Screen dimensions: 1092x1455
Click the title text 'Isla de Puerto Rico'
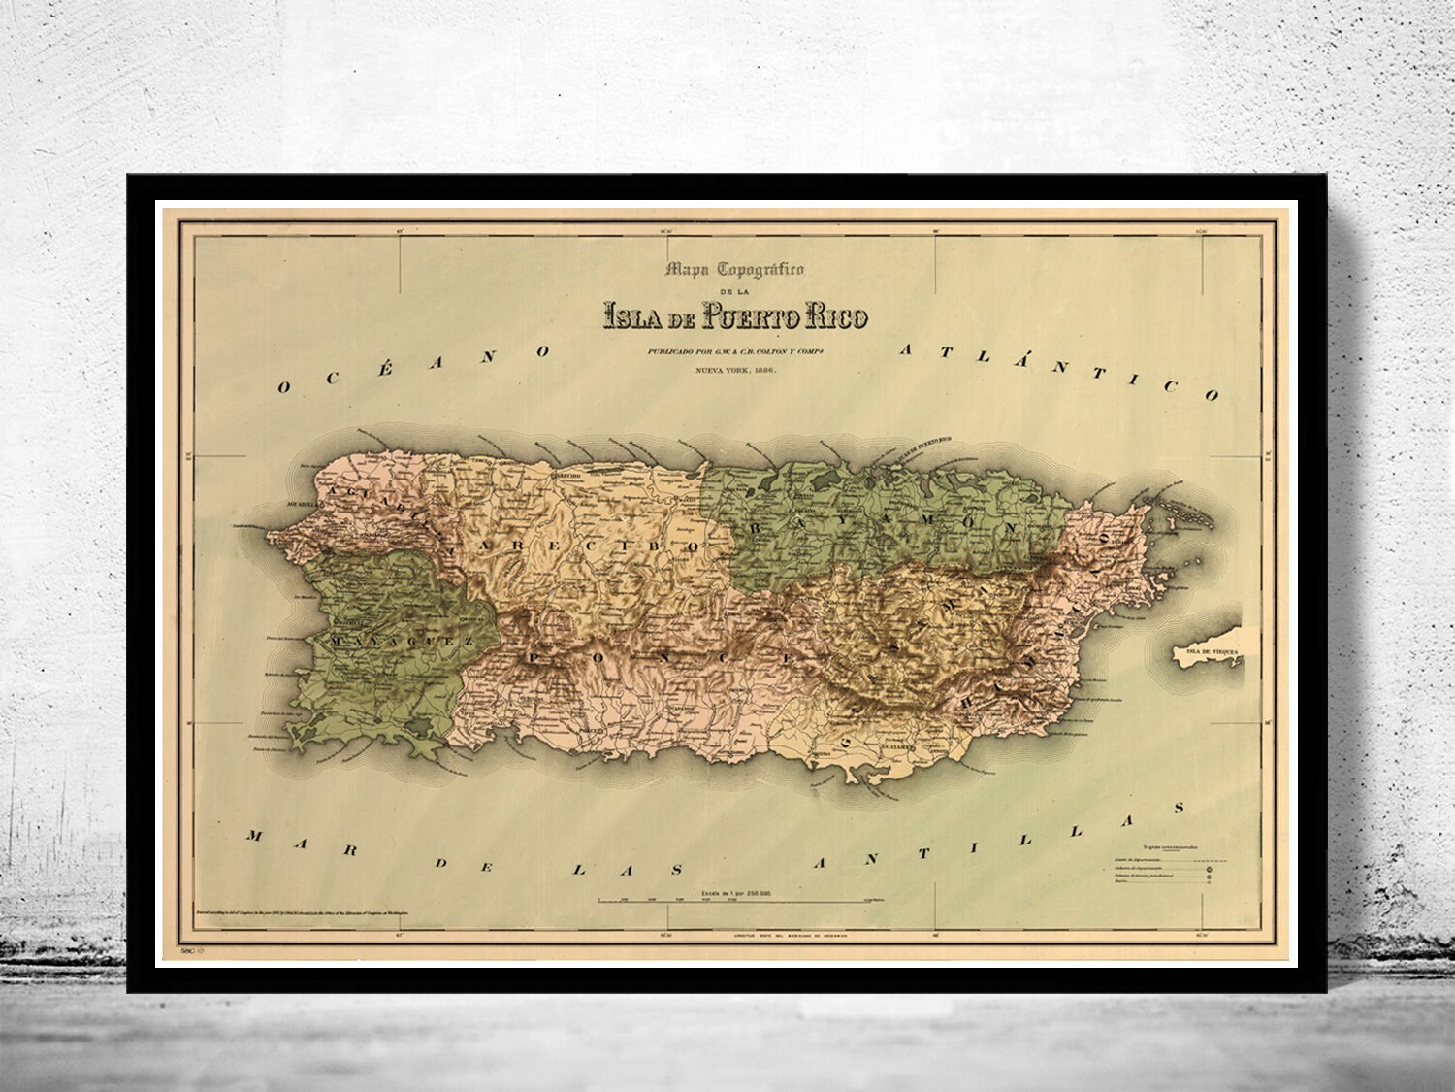tap(735, 316)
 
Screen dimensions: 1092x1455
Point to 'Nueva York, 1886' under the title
tap(734, 370)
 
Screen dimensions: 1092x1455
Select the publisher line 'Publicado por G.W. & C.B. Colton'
tap(734, 351)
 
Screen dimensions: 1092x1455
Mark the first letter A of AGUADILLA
tap(336, 496)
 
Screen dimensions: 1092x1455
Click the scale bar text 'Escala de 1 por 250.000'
tap(734, 891)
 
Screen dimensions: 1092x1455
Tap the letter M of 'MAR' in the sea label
tap(255, 836)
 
